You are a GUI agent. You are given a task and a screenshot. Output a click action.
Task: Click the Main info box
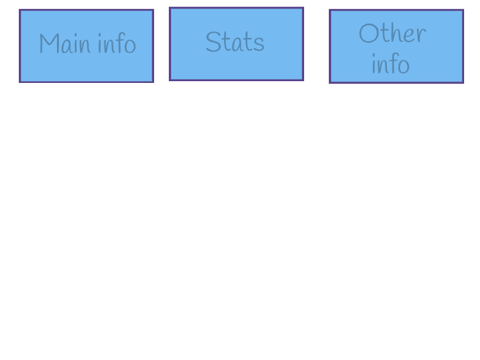tap(86, 46)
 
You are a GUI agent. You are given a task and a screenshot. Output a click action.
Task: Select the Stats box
tap(236, 44)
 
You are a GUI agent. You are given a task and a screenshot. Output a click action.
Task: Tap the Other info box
tap(396, 46)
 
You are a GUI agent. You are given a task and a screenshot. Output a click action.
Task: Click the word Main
tap(65, 43)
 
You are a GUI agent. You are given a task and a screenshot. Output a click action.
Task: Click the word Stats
tap(235, 42)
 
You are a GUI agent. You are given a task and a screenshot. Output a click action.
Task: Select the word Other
tap(392, 33)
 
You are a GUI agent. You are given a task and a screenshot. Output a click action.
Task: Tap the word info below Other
tap(390, 63)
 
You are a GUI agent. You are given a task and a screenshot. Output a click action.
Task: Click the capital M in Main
tap(49, 43)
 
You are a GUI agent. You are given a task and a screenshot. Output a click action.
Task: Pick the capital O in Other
tap(368, 33)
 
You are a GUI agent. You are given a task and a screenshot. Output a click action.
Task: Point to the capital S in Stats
tap(213, 42)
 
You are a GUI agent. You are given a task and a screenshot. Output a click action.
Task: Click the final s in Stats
tap(260, 45)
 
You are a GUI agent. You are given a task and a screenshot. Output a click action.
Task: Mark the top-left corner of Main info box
tap(20, 10)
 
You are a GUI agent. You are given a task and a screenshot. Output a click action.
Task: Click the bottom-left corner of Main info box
tap(20, 82)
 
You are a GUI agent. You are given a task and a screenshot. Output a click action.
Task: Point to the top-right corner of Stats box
tap(303, 7)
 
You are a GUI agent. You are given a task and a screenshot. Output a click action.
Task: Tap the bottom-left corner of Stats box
tap(170, 80)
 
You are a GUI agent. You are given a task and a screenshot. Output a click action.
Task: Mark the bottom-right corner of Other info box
tap(463, 83)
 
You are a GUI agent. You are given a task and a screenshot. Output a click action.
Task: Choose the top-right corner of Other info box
tap(463, 10)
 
